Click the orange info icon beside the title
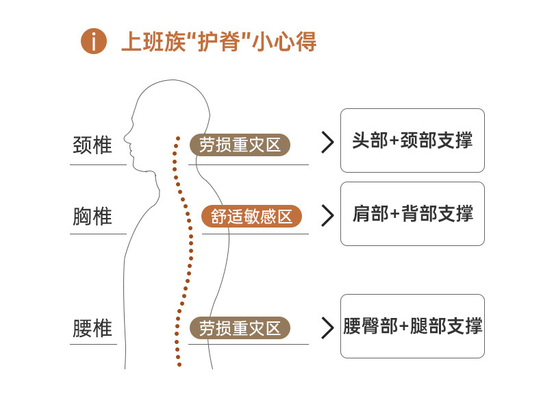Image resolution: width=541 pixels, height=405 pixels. [x=94, y=41]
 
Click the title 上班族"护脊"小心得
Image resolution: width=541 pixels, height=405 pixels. [x=218, y=41]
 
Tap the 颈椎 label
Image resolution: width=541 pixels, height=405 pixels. [x=92, y=145]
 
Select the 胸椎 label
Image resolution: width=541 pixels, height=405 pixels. [x=92, y=216]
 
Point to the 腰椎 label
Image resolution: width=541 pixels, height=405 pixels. [x=92, y=328]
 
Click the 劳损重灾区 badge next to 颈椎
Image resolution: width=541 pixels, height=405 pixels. [x=240, y=145]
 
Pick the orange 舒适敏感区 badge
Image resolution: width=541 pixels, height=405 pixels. [x=251, y=217]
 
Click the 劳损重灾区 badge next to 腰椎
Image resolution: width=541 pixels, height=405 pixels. [x=240, y=328]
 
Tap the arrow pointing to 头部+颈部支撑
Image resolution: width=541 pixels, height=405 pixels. [x=327, y=143]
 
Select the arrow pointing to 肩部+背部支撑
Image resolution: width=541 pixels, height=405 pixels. [x=327, y=215]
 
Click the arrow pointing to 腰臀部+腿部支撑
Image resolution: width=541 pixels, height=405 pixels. [x=327, y=328]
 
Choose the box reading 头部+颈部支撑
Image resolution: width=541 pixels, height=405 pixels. [x=412, y=140]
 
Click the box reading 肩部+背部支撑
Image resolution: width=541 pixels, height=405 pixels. [x=412, y=214]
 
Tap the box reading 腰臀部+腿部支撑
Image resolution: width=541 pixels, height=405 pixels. [x=412, y=326]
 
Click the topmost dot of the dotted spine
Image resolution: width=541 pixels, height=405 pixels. [x=178, y=138]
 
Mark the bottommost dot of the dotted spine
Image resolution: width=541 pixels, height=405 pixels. [x=179, y=365]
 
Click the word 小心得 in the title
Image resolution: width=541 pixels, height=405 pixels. [x=284, y=41]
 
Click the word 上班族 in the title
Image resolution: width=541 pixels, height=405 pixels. [x=153, y=41]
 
